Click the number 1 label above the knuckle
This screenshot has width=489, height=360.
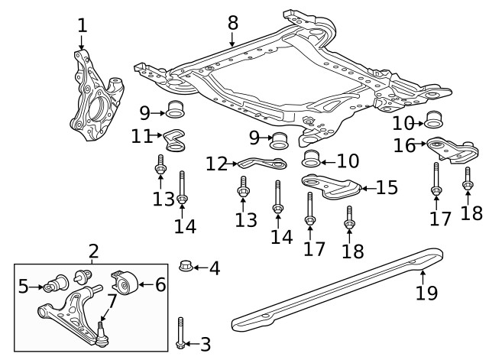coord(82,26)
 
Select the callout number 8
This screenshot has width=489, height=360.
coord(234,23)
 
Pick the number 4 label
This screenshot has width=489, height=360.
coord(214,268)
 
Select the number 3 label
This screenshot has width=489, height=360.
coord(204,345)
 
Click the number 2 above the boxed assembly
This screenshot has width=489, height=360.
coord(93,251)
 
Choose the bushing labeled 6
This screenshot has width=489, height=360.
coord(125,284)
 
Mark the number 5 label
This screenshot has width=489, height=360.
coord(23,286)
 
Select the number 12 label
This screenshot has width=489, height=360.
coord(216,164)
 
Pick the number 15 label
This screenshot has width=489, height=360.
coord(387,187)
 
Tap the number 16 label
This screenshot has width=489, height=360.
coord(405,144)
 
